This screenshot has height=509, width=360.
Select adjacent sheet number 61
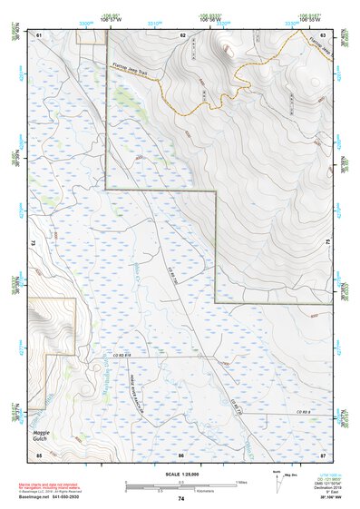(x=39, y=35)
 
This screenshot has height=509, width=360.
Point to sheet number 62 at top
(x=182, y=35)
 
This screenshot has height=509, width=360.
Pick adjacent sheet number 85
(x=39, y=454)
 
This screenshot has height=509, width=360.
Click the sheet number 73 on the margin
(x=32, y=243)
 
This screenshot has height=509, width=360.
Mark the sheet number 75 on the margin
(x=328, y=243)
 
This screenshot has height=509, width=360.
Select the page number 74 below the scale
(x=181, y=500)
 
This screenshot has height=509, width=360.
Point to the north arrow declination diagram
(x=277, y=477)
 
